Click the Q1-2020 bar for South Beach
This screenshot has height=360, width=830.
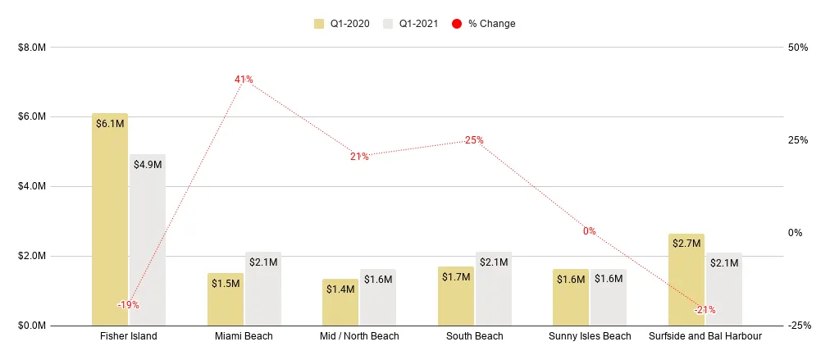tap(455, 296)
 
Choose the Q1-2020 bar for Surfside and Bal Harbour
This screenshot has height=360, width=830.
tap(686, 280)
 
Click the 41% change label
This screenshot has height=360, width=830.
tap(244, 80)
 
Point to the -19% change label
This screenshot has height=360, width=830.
tap(128, 305)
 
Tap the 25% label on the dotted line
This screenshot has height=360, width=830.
tap(474, 140)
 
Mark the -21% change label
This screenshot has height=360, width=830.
tap(705, 310)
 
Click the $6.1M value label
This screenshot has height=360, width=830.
tap(110, 124)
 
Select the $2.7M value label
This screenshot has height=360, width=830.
tap(686, 244)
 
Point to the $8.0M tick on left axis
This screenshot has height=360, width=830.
tap(33, 48)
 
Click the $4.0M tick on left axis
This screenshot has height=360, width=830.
tap(33, 187)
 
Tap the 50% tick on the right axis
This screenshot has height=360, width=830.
tap(798, 48)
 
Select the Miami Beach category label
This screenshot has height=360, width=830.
tap(244, 336)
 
